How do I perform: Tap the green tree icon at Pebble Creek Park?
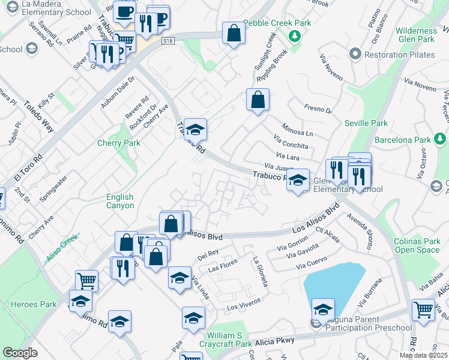pyautogui.click(x=294, y=36)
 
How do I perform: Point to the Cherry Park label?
pyautogui.click(x=119, y=143)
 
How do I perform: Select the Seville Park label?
pyautogui.click(x=366, y=123)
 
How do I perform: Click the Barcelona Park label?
pyautogui.click(x=402, y=140)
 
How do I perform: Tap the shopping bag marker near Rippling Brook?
pyautogui.click(x=258, y=101)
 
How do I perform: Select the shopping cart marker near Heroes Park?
pyautogui.click(x=86, y=280)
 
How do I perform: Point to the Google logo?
pyautogui.click(x=20, y=353)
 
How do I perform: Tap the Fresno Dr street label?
pyautogui.click(x=318, y=109)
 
